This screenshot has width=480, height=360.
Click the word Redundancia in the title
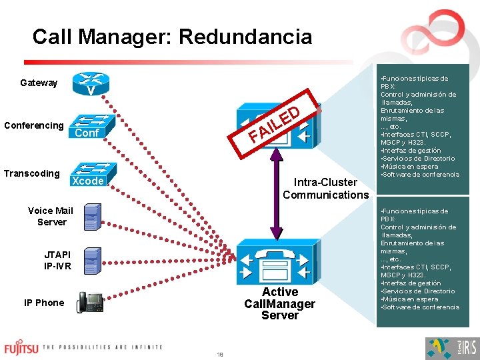click(x=245, y=36)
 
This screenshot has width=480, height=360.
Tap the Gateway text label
click(x=39, y=83)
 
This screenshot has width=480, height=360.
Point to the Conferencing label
click(x=33, y=125)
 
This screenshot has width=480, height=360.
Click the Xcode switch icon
click(x=88, y=175)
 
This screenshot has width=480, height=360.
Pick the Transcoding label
click(x=31, y=173)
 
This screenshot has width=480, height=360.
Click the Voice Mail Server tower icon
click(x=91, y=217)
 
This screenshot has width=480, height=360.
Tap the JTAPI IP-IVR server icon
click(x=92, y=259)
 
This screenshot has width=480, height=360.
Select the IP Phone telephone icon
click(x=90, y=302)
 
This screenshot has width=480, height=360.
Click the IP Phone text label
click(x=44, y=303)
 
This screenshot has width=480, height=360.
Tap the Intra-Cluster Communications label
click(x=325, y=188)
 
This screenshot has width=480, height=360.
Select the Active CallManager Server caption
click(x=279, y=303)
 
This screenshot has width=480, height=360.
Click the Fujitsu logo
click(x=22, y=348)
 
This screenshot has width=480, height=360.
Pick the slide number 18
click(x=219, y=354)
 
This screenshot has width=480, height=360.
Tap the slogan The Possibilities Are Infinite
click(x=103, y=347)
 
